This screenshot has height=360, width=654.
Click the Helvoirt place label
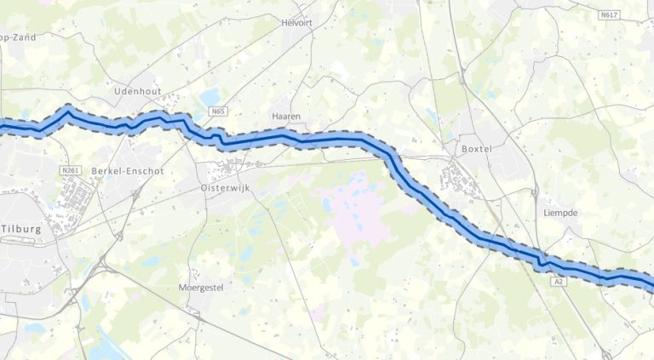(297, 23)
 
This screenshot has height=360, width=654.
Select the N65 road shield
(219, 111)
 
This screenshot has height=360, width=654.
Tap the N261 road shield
(70, 170)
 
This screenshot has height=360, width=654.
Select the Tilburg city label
(20, 229)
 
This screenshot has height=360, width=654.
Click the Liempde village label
(559, 213)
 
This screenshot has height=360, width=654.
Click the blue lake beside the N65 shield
(209, 97)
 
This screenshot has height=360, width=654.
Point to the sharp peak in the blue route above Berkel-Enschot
(68, 110)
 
